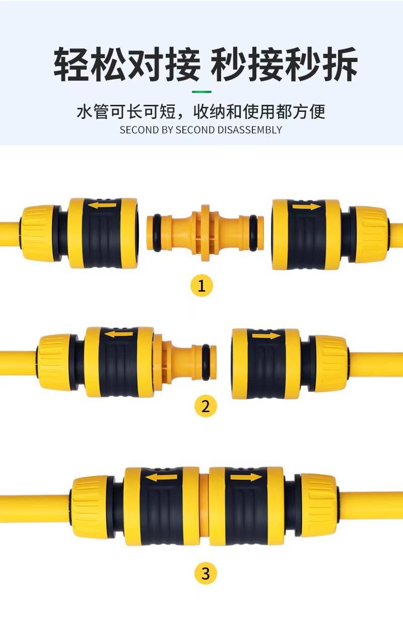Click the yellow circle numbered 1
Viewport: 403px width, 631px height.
(x=201, y=286)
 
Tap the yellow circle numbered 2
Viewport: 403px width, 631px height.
(x=206, y=406)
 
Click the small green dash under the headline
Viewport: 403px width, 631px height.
(x=201, y=92)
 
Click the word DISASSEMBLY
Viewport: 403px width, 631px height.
(x=249, y=130)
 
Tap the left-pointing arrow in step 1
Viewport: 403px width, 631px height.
(x=102, y=205)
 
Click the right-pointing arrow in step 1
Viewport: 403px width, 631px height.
(x=307, y=207)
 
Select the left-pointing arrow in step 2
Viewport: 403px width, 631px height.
(x=118, y=334)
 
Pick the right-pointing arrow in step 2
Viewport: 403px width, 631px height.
(x=266, y=336)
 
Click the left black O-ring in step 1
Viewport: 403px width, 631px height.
(x=157, y=233)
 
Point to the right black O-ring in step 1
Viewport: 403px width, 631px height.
(x=253, y=233)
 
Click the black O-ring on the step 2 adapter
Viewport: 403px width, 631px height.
(x=206, y=361)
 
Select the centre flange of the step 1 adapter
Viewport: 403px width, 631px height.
(x=206, y=233)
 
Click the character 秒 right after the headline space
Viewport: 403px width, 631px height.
(x=229, y=65)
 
